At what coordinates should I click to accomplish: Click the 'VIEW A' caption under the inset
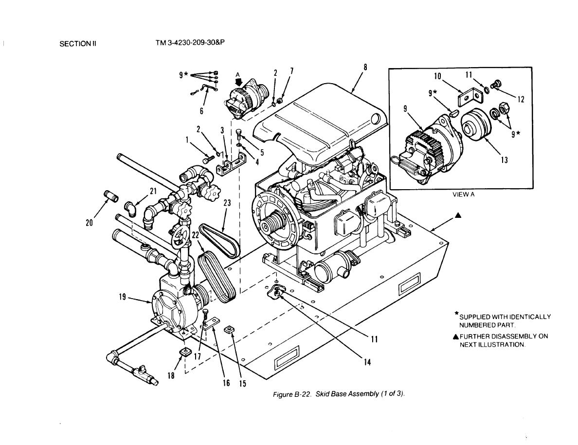point(463,195)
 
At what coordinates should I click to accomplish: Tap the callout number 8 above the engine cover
point(365,68)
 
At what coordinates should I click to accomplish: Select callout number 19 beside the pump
point(123,297)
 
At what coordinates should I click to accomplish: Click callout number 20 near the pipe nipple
point(89,223)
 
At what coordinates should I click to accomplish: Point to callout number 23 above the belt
point(227,203)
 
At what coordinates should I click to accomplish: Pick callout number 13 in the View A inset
point(504,160)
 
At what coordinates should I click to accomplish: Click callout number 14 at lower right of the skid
point(367,362)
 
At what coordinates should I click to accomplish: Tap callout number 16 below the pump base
point(226,383)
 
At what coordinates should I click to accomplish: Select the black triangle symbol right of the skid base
point(458,215)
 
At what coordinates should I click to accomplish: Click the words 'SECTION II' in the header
point(78,44)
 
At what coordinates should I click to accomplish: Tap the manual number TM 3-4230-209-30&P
point(190,43)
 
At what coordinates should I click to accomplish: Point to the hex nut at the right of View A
point(503,109)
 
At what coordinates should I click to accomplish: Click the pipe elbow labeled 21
point(130,209)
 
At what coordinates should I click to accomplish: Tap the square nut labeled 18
point(184,352)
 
